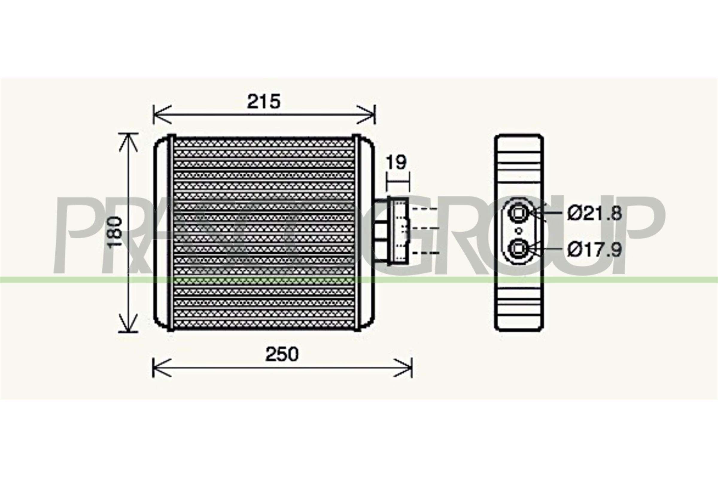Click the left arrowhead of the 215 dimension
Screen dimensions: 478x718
click(x=159, y=115)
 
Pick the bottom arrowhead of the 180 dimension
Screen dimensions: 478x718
click(x=129, y=326)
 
